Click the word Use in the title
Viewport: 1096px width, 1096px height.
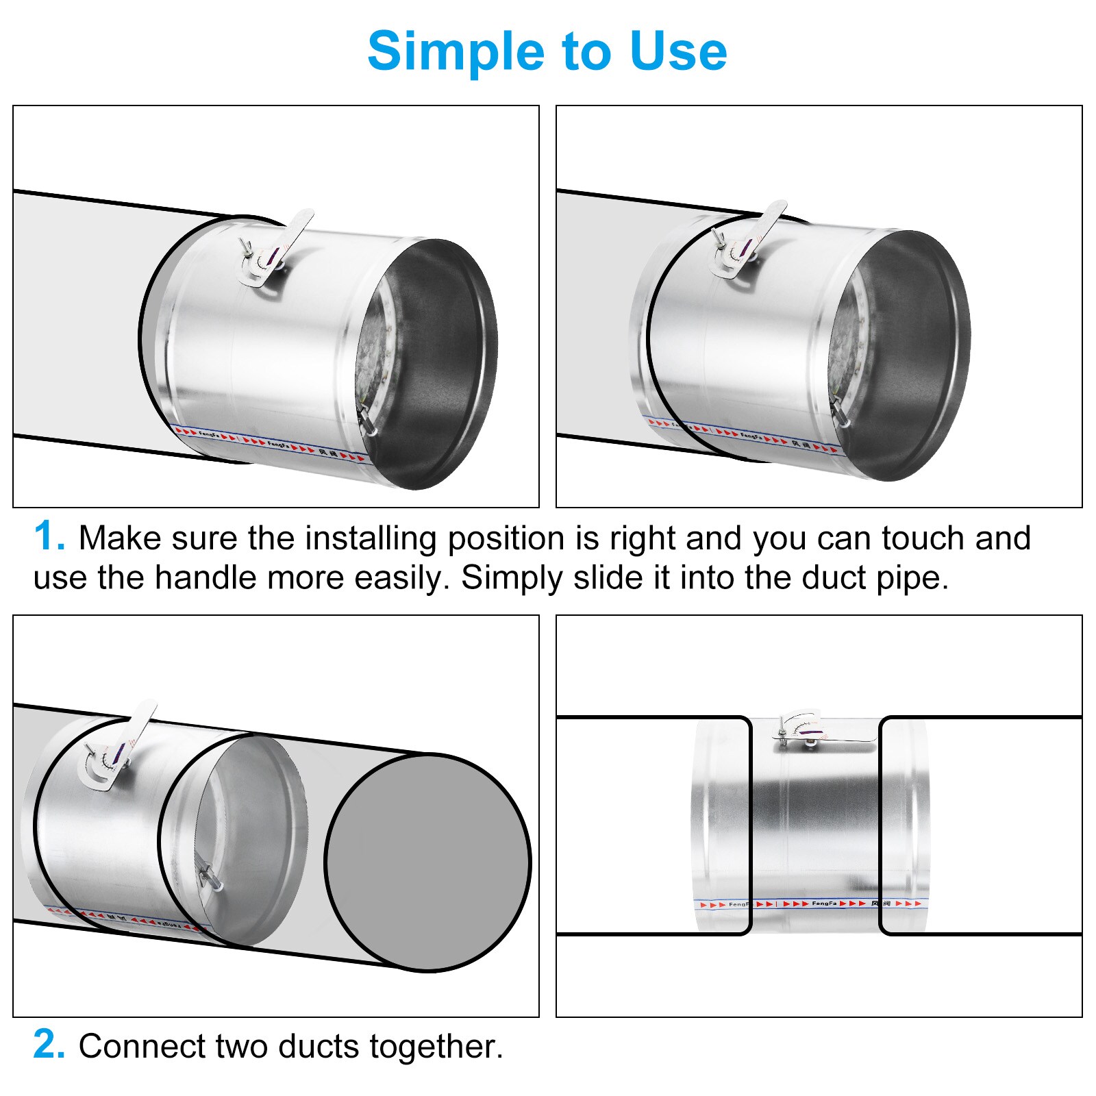point(677,51)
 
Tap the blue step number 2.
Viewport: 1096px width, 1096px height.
point(49,1045)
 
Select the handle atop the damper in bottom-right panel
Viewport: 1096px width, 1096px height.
point(812,730)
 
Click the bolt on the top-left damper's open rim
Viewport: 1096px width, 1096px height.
point(366,419)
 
